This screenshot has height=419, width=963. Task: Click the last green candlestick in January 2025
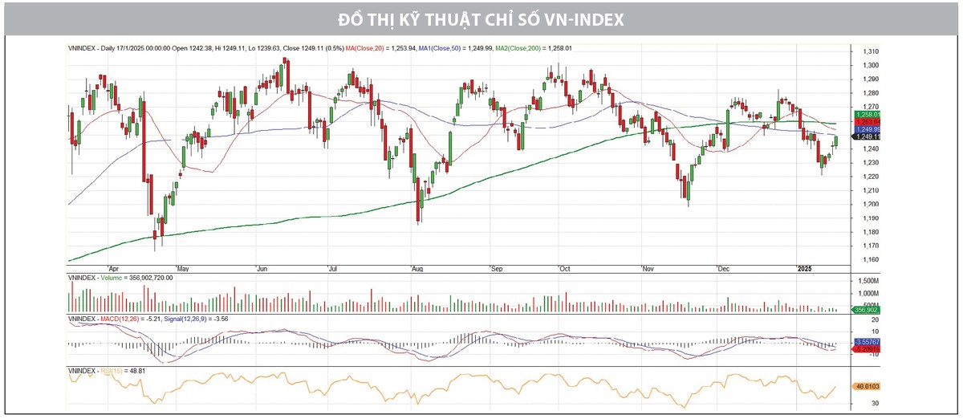tap(836, 141)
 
